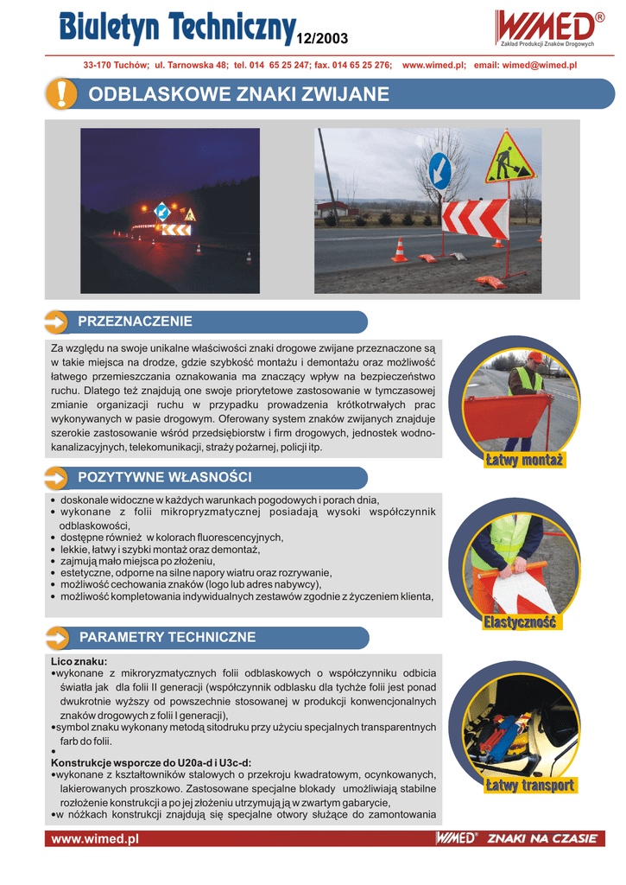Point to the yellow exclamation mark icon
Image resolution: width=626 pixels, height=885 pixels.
click(x=60, y=94)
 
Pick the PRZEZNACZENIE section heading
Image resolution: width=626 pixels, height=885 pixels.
click(x=135, y=322)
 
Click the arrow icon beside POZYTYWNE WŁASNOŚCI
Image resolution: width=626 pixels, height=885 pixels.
click(x=56, y=478)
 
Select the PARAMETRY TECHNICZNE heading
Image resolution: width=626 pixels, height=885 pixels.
click(x=168, y=638)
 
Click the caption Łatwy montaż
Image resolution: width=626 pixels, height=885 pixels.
click(x=524, y=461)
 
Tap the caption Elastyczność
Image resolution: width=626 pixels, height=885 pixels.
click(x=521, y=622)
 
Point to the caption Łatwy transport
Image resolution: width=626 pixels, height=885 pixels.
click(x=529, y=786)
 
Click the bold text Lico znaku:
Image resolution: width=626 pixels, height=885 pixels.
click(x=79, y=661)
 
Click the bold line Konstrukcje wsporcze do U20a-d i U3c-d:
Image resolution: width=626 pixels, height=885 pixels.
click(x=151, y=762)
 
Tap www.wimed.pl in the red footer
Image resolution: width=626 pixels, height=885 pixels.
click(x=95, y=838)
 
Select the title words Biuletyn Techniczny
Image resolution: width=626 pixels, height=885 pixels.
click(x=177, y=28)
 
